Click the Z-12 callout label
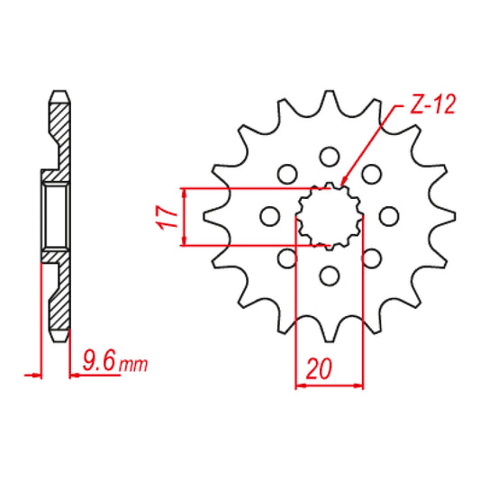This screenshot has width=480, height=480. tap(432, 104)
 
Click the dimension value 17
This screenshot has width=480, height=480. tap(167, 217)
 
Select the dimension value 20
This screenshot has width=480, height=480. tap(319, 368)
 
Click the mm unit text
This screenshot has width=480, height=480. tap(133, 365)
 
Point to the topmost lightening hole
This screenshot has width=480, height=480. tap(330, 157)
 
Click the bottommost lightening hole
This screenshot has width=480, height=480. tap(330, 276)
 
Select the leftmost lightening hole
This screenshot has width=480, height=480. tap(269, 216)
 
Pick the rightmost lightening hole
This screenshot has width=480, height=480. tap(389, 216)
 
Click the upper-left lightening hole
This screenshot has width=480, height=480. tap(287, 174)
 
